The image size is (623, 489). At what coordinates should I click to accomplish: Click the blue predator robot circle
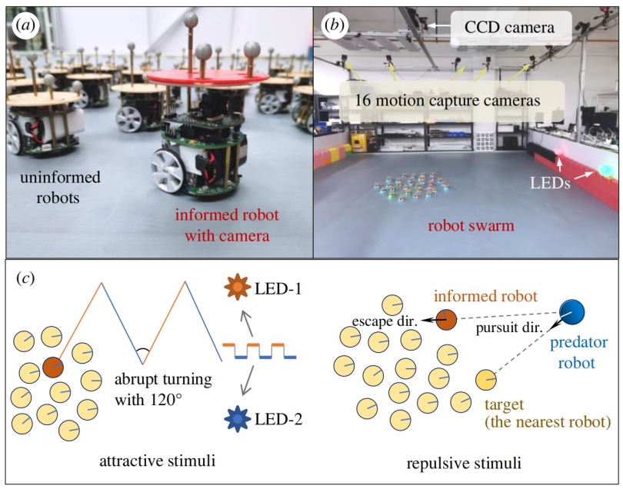point(573,311)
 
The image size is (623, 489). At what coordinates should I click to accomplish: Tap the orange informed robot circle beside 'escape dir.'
point(446,320)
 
